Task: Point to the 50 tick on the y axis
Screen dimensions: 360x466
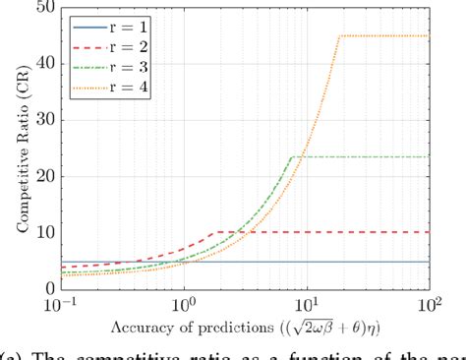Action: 40,9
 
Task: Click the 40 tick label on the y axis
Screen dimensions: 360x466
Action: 40,65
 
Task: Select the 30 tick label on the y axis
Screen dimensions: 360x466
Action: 40,121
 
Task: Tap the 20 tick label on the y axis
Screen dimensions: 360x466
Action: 40,177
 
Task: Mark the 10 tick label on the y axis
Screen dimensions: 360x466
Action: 40,233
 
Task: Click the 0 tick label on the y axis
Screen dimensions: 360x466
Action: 44,288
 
